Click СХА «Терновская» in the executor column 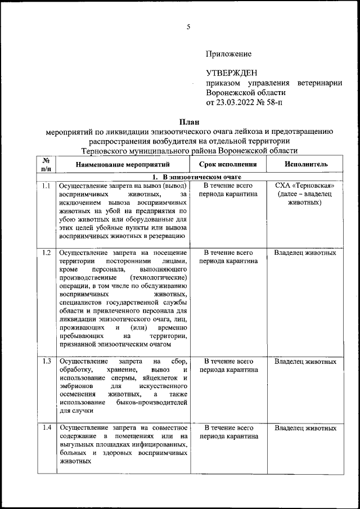tap(305, 186)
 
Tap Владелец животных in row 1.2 tap(305, 253)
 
